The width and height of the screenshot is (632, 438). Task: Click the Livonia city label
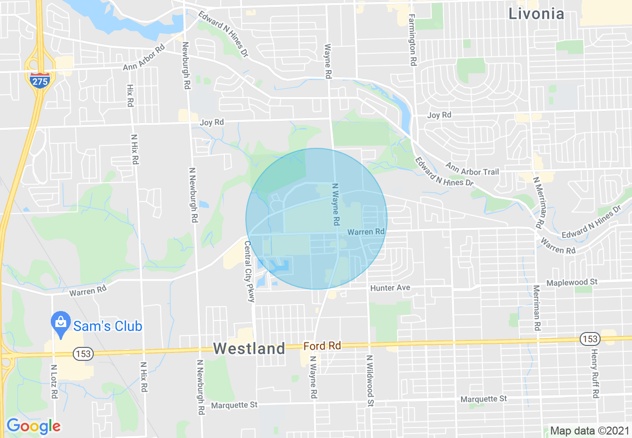pyautogui.click(x=536, y=14)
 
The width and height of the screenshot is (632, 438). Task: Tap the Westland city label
pyautogui.click(x=249, y=349)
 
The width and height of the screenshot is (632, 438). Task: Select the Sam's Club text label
pyautogui.click(x=108, y=326)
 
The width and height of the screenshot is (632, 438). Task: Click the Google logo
pyautogui.click(x=33, y=426)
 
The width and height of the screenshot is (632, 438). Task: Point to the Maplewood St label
pyautogui.click(x=571, y=282)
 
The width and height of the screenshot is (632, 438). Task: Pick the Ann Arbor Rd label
pyautogui.click(x=144, y=58)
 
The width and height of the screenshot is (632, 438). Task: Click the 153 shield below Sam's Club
pyautogui.click(x=81, y=354)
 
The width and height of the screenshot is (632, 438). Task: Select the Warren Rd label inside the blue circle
pyautogui.click(x=366, y=232)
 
